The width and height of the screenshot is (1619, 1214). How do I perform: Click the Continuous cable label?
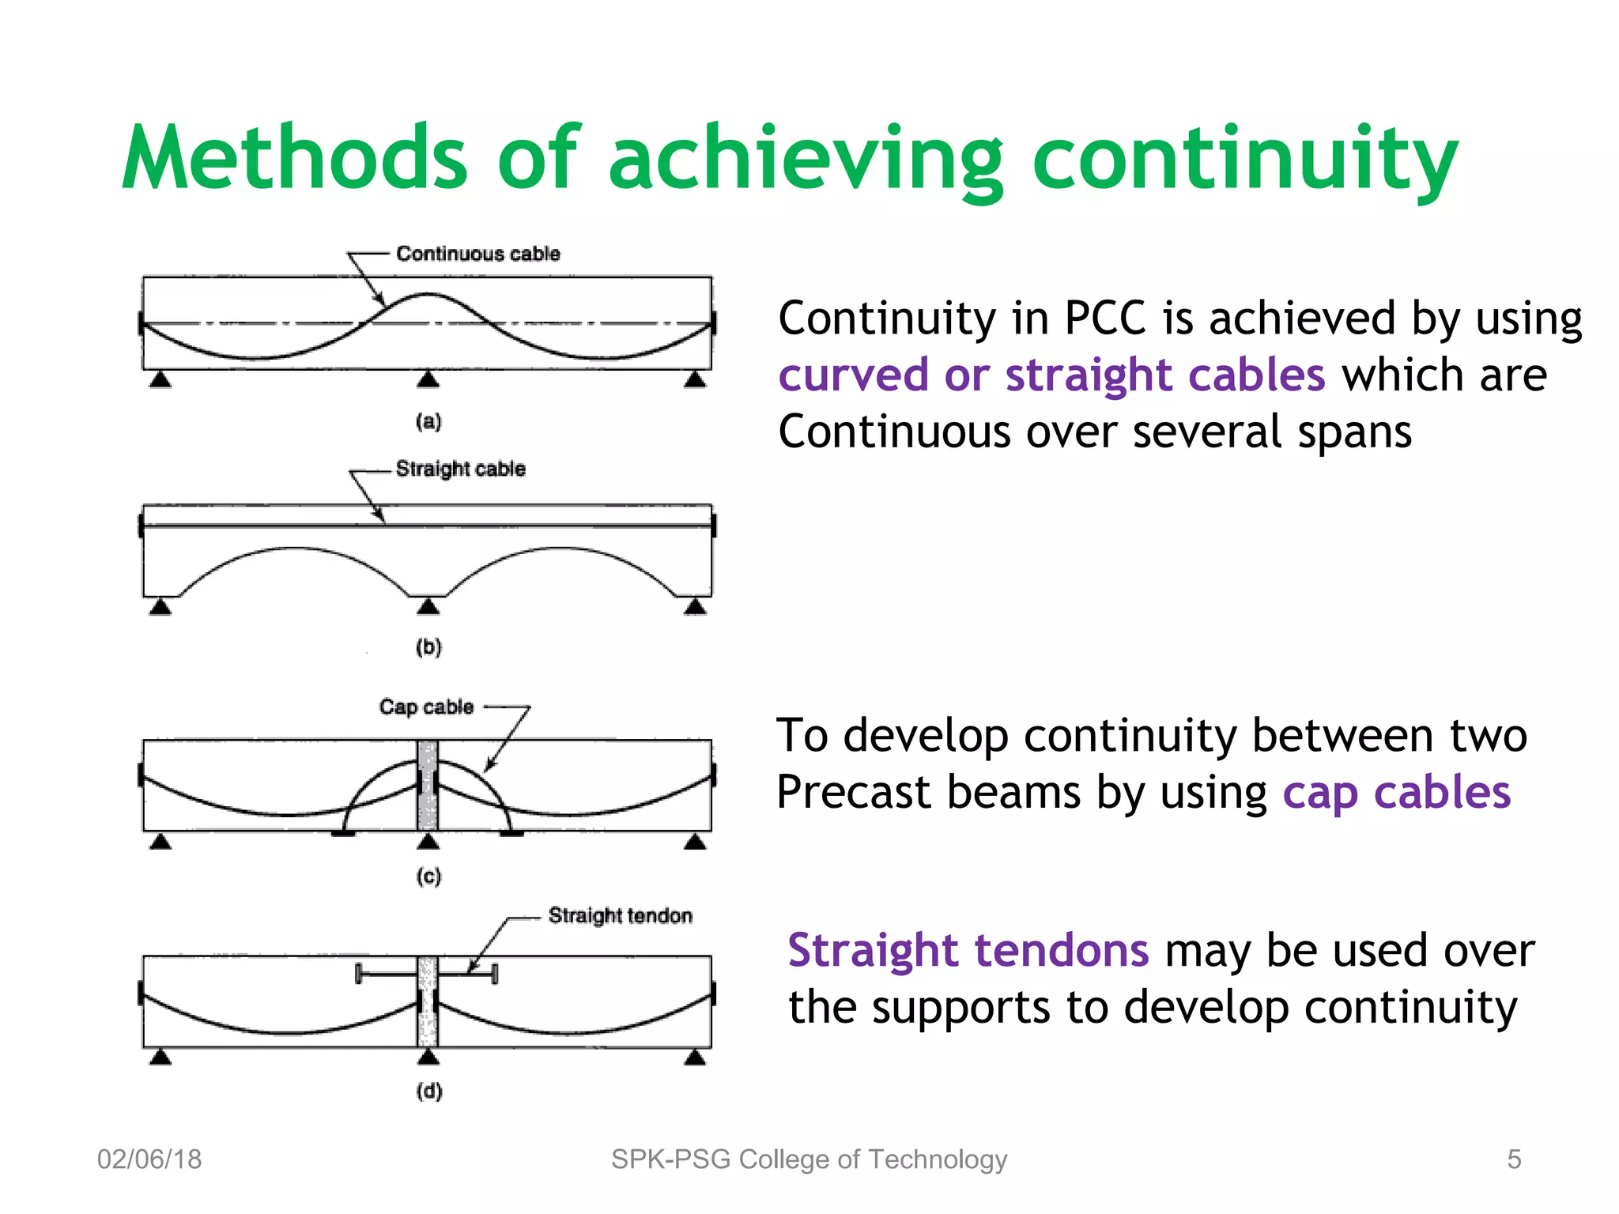pos(477,254)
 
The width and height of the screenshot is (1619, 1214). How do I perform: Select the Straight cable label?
pos(460,469)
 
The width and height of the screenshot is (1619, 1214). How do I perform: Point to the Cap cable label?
pos(426,707)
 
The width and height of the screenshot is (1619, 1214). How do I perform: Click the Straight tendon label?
pos(620,915)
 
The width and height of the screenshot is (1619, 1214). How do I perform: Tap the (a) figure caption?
pos(428,421)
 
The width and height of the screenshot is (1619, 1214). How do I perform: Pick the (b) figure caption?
pos(428,647)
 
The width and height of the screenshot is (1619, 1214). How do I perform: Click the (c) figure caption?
pos(428,876)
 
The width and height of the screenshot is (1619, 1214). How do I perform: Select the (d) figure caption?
pos(429,1091)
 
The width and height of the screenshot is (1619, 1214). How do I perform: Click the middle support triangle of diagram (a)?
pos(428,380)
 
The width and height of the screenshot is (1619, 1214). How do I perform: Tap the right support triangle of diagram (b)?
pos(695,607)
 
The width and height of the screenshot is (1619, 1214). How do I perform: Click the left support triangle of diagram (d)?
pos(160,1058)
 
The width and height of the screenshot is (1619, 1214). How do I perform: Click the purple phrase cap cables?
pos(1396,793)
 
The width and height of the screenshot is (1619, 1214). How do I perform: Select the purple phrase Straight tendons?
pos(968,950)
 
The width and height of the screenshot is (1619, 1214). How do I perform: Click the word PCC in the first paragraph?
pos(1104,318)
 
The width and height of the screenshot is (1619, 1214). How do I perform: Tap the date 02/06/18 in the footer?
pos(149,1159)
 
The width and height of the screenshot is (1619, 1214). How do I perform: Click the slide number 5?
pos(1514,1159)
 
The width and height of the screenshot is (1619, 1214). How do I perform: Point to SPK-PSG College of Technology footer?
pos(809,1159)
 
